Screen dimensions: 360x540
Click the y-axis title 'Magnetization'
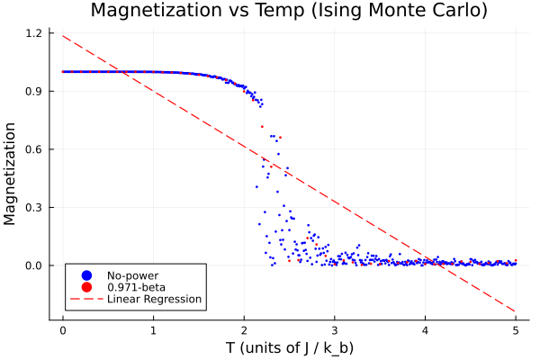pos(12,175)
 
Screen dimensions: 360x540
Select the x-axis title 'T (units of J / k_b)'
pos(289,346)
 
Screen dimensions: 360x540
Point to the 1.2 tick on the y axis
pos(33,33)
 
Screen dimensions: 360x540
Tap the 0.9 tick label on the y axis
pos(33,91)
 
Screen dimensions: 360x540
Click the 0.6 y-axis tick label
pos(33,149)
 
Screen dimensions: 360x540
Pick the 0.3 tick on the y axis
pos(33,207)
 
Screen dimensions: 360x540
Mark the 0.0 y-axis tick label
pos(33,265)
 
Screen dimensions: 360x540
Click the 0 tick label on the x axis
pos(62,328)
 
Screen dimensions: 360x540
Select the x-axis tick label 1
pos(153,328)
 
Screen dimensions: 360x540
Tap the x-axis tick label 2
pos(244,328)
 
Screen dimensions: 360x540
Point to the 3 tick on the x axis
pos(334,328)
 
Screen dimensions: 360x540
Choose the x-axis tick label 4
pos(425,328)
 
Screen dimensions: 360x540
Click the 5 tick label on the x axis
pos(516,328)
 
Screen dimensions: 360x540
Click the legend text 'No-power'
pos(129,274)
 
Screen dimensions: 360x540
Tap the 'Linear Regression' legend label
pos(154,299)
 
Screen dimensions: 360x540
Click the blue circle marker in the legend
pos(86,274)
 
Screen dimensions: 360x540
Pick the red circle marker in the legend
pos(86,286)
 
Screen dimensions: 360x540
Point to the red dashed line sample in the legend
pos(86,299)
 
